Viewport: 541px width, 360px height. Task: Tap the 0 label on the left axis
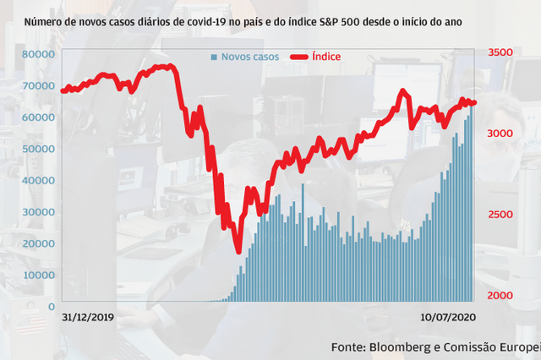coord(52,307)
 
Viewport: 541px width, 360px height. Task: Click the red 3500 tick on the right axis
coord(500,52)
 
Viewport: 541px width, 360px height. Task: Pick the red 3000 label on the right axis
coord(500,134)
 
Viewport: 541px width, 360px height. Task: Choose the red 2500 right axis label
coord(500,215)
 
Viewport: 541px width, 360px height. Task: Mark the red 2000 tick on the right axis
coord(500,296)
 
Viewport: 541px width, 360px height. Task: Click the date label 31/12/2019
coord(89,319)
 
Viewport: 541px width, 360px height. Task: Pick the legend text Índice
coord(326,57)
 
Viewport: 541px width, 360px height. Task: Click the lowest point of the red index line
coord(238,251)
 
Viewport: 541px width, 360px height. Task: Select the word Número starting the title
coord(44,18)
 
